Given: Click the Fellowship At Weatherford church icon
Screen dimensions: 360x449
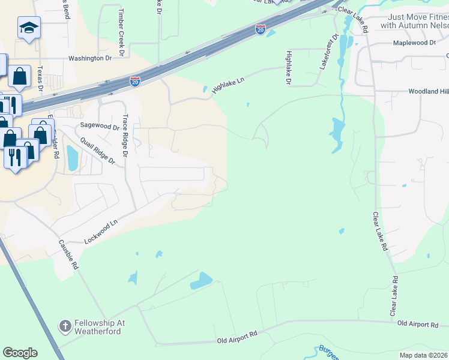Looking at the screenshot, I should (65, 326).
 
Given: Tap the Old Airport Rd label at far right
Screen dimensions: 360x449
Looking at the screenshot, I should (418, 324).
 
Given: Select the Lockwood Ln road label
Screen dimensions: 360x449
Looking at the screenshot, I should (100, 231).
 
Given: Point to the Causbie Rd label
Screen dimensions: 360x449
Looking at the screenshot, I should (69, 254).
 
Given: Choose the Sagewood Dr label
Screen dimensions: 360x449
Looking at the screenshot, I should (100, 127).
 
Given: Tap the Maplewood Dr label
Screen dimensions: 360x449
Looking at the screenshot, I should (414, 43).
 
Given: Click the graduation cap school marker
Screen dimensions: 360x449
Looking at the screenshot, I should (29, 28).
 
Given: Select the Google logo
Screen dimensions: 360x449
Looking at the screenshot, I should (20, 353).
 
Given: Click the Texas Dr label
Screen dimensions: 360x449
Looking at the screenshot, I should (40, 78).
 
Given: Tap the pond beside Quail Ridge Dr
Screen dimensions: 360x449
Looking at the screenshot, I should (73, 158).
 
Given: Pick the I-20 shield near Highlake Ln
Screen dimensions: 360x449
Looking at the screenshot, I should (135, 82).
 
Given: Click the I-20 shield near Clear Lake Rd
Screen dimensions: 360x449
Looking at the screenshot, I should (260, 29).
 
